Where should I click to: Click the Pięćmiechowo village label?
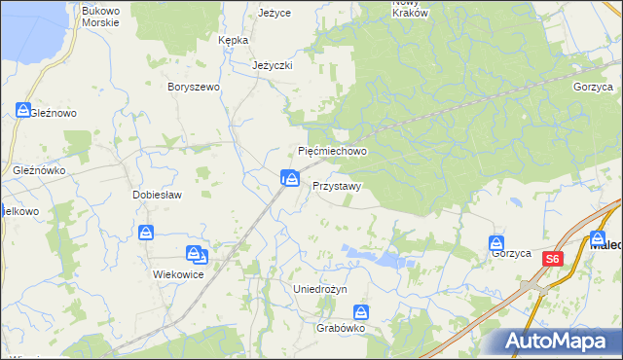(x=332, y=152)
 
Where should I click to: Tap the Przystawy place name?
(x=337, y=185)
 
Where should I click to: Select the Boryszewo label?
(x=195, y=87)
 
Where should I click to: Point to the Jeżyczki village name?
(x=273, y=65)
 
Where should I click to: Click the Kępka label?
(x=235, y=40)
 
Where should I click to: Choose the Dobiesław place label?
(x=153, y=194)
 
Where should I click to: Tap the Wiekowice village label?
(x=178, y=274)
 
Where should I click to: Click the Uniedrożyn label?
(x=320, y=290)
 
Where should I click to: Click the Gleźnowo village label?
(x=53, y=113)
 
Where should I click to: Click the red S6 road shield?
(x=553, y=259)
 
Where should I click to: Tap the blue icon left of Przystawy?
(x=289, y=177)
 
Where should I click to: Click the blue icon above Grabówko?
(x=361, y=312)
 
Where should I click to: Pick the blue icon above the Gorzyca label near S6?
(x=496, y=242)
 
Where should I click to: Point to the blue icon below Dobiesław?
(x=145, y=233)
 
